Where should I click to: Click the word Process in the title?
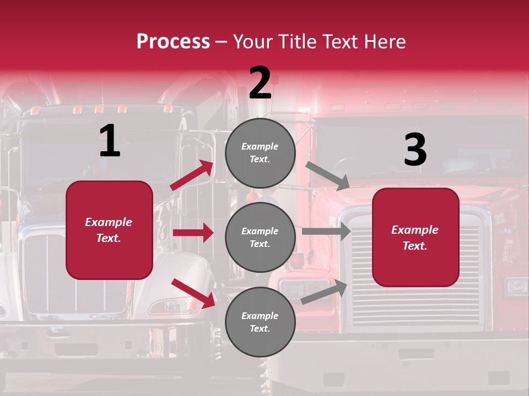click(x=173, y=42)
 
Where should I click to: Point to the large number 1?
click(x=110, y=141)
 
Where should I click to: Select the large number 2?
click(x=260, y=84)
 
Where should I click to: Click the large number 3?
click(x=415, y=150)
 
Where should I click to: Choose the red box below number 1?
click(x=109, y=230)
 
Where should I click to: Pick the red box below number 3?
click(x=415, y=237)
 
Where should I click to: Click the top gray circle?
click(x=260, y=153)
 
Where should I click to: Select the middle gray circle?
click(x=260, y=237)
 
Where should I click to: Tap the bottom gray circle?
click(x=260, y=322)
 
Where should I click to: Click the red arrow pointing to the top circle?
click(x=192, y=175)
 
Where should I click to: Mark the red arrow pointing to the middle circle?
click(x=193, y=233)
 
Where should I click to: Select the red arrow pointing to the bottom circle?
click(x=193, y=293)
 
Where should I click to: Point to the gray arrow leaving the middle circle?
click(x=326, y=232)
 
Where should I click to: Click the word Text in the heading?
click(x=339, y=42)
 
